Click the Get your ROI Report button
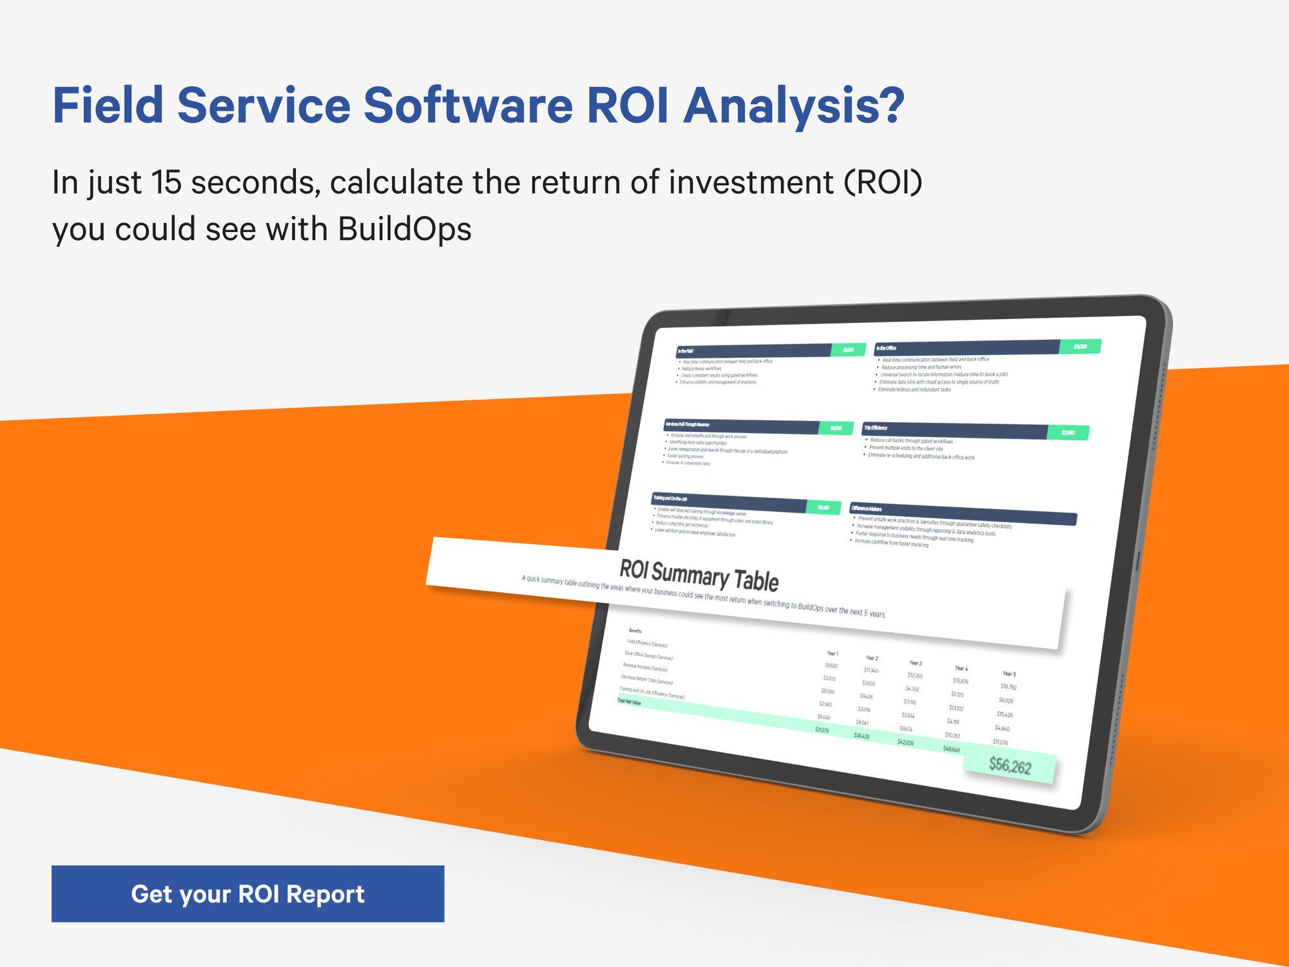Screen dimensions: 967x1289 tap(247, 894)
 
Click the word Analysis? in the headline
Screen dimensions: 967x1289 tap(794, 106)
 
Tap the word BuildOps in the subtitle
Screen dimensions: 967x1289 tap(404, 229)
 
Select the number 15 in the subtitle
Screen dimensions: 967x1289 tap(166, 182)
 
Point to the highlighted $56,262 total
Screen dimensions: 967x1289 tap(1010, 766)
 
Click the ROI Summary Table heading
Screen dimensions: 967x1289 tap(699, 575)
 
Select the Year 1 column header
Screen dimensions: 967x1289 tap(832, 653)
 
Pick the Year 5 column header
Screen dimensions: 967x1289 tap(1009, 674)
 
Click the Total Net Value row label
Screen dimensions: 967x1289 tap(629, 702)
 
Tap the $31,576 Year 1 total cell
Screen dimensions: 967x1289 tap(822, 730)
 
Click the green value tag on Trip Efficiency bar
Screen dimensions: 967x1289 tap(1068, 433)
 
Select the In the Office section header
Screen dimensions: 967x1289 tap(887, 348)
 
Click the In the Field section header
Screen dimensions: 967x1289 tap(686, 351)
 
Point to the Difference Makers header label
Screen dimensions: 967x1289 tap(867, 509)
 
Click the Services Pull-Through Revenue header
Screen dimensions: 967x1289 tap(688, 424)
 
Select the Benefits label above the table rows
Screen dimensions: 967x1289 tap(635, 630)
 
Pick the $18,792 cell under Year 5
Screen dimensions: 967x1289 tap(1008, 687)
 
